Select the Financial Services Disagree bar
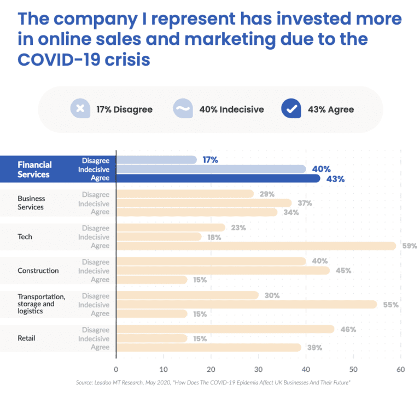tap(156, 160)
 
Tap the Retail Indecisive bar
tap(152, 339)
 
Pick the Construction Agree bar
tap(152, 280)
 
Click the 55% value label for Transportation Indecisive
tap(391, 305)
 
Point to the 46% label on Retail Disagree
tap(348, 330)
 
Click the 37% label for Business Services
tap(305, 203)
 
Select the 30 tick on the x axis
tap(259, 370)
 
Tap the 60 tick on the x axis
tap(401, 370)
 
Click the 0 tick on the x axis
tap(116, 370)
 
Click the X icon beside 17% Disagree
tap(80, 109)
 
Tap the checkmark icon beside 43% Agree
tap(291, 109)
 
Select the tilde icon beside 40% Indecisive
tap(183, 109)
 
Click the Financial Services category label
tap(34, 169)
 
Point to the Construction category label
tap(38, 271)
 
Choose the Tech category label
tap(25, 237)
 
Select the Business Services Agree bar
tap(197, 212)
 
